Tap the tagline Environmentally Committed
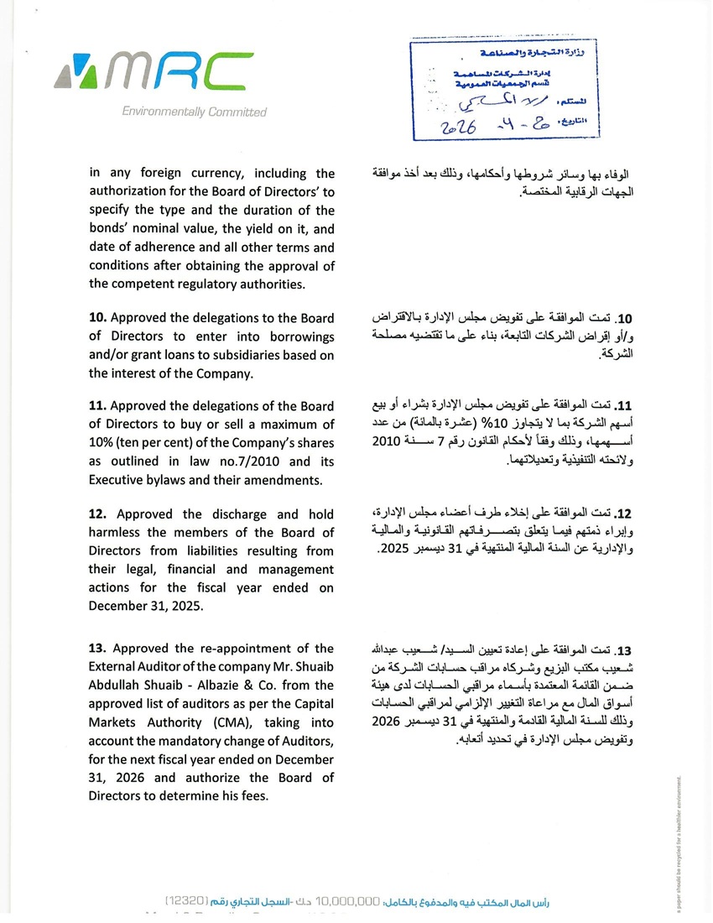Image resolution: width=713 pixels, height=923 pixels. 194,112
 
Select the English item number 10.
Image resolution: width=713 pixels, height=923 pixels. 98,318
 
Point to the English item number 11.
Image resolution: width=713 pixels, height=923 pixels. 98,405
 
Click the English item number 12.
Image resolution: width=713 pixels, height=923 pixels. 98,514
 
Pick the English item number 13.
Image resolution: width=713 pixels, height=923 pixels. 98,648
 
